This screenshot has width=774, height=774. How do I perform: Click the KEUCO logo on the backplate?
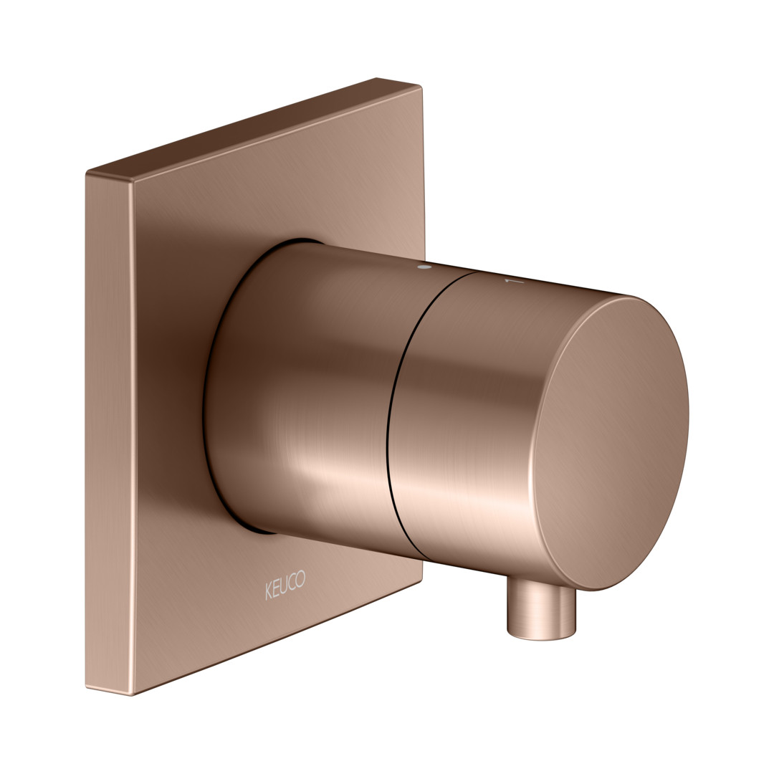pyautogui.click(x=285, y=586)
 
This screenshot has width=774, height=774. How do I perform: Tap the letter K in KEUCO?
pyautogui.click(x=269, y=591)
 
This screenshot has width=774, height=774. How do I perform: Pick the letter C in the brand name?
pyautogui.click(x=292, y=583)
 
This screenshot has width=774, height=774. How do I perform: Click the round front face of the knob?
pyautogui.click(x=611, y=444)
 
